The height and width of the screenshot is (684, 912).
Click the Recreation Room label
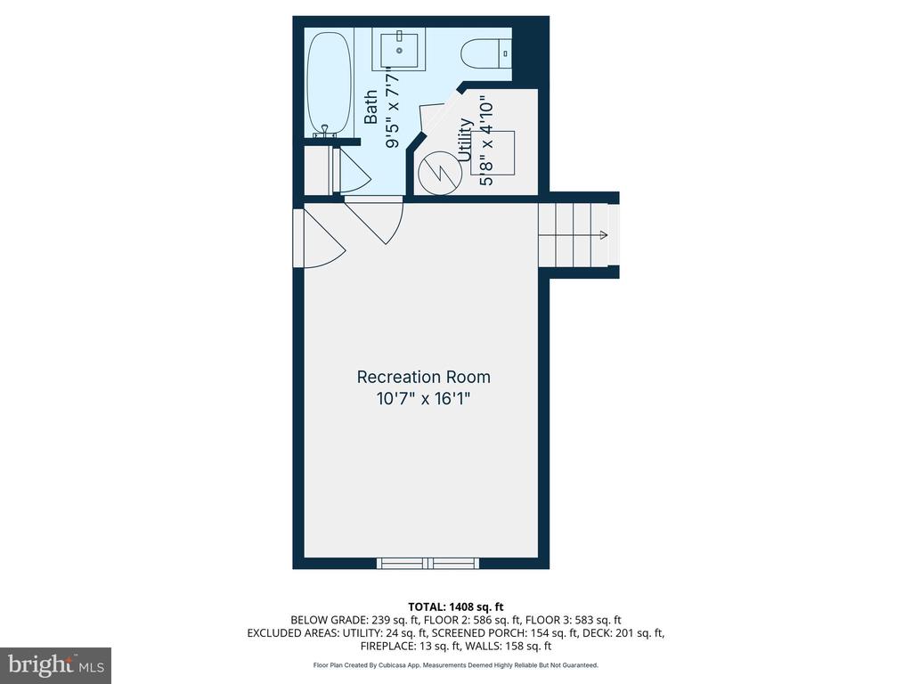tap(423, 378)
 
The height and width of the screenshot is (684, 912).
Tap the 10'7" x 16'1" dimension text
tap(423, 399)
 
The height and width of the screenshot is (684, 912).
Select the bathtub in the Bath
tap(330, 84)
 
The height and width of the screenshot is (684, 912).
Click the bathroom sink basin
tap(399, 51)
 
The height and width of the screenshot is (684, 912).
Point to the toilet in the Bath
tap(486, 54)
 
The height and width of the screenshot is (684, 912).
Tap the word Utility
tap(465, 140)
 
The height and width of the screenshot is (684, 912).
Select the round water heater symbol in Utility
tap(440, 173)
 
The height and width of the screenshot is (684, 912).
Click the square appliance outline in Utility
tap(493, 153)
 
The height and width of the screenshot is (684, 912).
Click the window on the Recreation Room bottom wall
tap(428, 563)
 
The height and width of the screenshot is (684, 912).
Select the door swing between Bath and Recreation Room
tap(375, 220)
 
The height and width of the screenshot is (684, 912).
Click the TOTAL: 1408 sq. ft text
tap(455, 607)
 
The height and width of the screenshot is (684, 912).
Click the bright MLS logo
tap(56, 664)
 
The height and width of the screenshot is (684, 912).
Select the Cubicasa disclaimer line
tap(455, 665)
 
